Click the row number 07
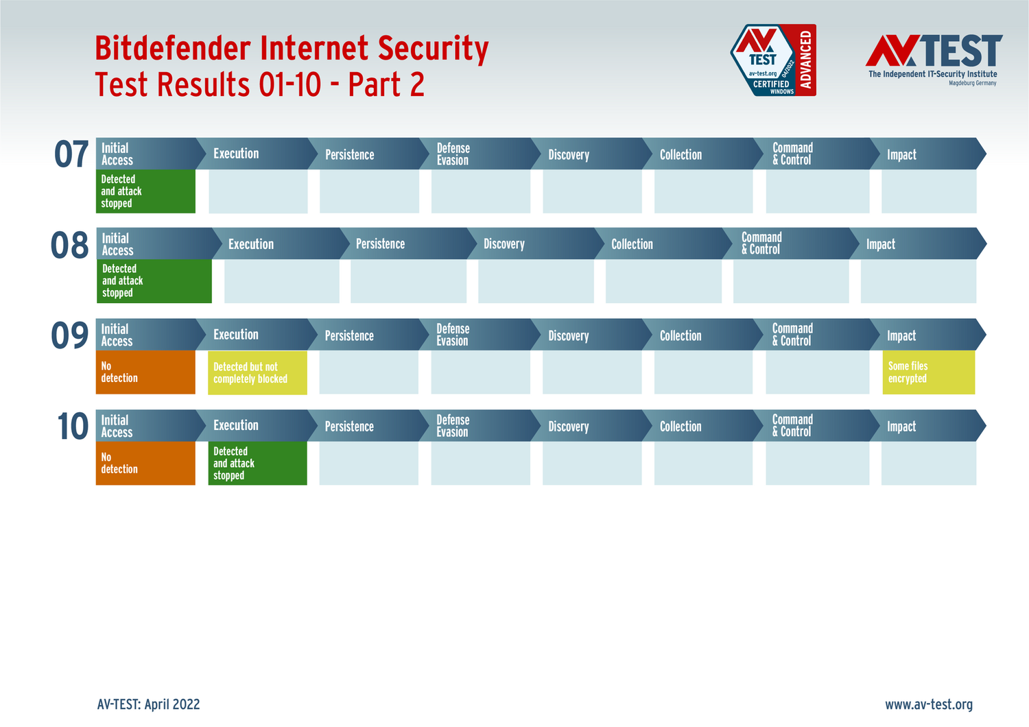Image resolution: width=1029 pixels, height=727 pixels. click(71, 154)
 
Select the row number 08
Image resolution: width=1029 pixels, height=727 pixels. click(69, 245)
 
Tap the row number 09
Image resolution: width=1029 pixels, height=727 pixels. click(69, 335)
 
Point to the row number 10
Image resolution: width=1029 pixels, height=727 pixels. click(73, 426)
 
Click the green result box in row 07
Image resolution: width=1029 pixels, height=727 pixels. click(145, 191)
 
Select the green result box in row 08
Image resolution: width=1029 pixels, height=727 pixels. click(154, 281)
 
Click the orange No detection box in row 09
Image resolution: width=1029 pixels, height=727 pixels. click(145, 372)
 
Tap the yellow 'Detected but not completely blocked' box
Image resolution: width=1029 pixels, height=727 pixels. click(257, 373)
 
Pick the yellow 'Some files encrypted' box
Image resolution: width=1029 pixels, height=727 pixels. click(929, 372)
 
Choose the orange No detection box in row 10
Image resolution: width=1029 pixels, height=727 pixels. click(145, 463)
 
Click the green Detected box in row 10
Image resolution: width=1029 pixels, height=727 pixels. click(257, 463)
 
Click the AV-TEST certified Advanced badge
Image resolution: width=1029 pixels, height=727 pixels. click(773, 60)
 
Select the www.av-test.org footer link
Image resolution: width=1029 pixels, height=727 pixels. click(929, 704)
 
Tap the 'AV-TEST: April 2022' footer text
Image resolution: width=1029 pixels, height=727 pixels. click(148, 704)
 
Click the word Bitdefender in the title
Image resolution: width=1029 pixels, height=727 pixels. click(173, 48)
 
